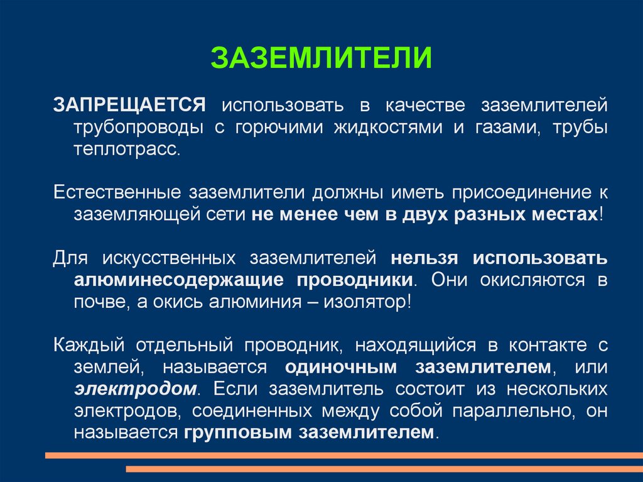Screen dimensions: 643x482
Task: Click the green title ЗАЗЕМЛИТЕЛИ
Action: tap(321, 58)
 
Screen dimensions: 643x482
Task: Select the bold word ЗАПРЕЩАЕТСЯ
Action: tap(129, 105)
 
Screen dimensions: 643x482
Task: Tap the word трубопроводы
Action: tap(139, 128)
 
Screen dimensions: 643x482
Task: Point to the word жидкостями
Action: tap(388, 127)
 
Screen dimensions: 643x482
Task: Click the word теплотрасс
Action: tap(127, 149)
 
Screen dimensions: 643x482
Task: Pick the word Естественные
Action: tap(117, 192)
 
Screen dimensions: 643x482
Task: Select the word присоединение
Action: tap(522, 193)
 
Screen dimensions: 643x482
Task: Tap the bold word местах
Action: tap(566, 215)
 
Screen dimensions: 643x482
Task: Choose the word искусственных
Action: tap(168, 258)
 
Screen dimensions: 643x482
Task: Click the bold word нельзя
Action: tap(424, 258)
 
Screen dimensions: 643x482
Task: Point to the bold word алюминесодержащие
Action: tap(179, 280)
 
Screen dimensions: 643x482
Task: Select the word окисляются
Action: tap(532, 280)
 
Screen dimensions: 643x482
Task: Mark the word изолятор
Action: tap(367, 302)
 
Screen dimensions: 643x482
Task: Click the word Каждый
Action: tap(89, 345)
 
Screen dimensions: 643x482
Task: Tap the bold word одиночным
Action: tap(341, 367)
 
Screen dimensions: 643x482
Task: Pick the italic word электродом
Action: tap(136, 389)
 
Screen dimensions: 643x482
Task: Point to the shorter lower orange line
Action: tap(384, 469)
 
